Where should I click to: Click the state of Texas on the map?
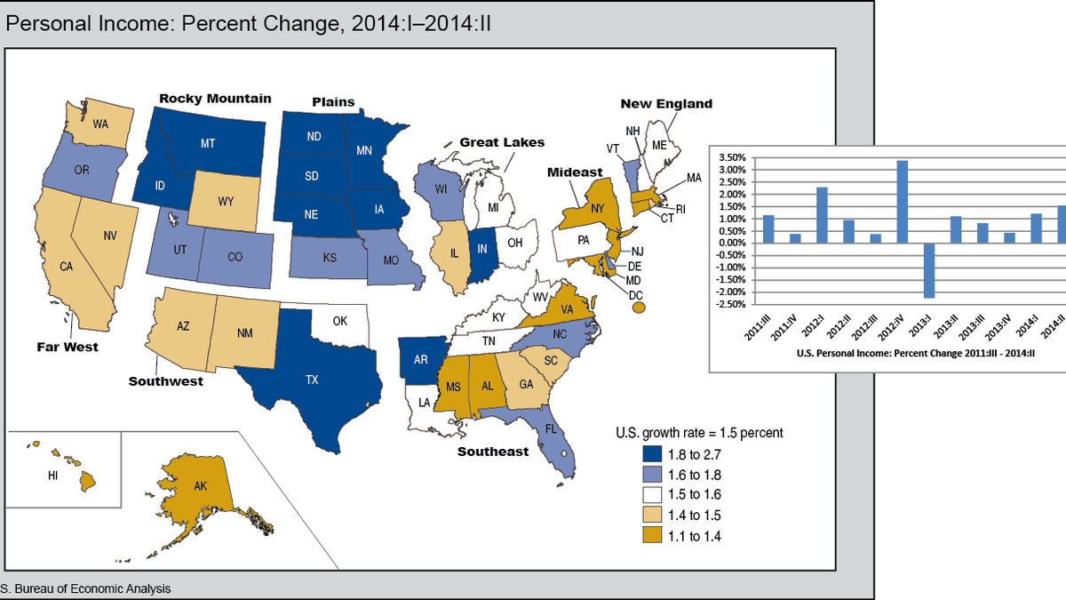(311, 382)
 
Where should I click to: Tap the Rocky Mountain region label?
(215, 99)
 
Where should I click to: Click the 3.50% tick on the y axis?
(734, 157)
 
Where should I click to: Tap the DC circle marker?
(638, 308)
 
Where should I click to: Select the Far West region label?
(68, 347)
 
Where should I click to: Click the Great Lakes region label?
(502, 142)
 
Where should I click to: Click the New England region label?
(666, 104)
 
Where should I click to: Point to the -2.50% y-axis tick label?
(732, 305)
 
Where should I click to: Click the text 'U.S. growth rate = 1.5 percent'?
(699, 433)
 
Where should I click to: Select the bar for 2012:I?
(822, 214)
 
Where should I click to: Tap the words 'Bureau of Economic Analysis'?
(98, 588)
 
